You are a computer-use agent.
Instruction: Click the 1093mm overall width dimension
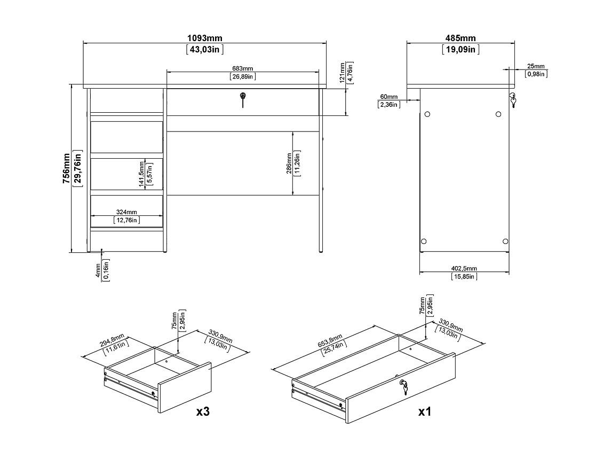point(204,38)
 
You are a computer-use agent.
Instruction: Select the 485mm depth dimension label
point(461,38)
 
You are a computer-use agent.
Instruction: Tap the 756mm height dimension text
point(67,169)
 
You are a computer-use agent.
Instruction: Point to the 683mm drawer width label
point(243,69)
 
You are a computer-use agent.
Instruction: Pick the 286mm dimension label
point(289,164)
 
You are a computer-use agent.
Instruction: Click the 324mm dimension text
point(126,212)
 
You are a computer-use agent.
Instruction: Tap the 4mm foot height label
point(98,270)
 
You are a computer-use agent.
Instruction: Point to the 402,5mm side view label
point(464,269)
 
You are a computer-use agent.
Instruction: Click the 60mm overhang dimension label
point(389,97)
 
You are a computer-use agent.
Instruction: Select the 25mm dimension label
point(536,66)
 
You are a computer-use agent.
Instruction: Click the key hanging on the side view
point(512,100)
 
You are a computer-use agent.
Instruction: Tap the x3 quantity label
point(203,411)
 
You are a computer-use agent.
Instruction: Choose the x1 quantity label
point(424,411)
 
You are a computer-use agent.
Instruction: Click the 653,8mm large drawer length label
point(330,340)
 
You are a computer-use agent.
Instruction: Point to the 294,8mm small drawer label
point(112,340)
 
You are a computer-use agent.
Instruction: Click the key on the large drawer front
point(403,387)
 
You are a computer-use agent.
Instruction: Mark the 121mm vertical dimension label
point(343,73)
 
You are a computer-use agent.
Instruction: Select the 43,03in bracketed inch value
point(205,49)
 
